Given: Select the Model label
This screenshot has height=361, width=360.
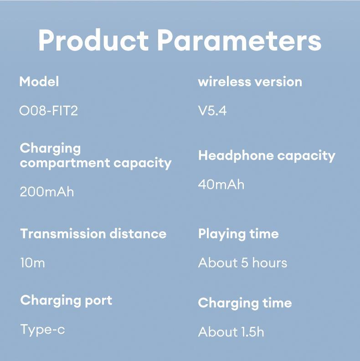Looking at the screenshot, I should click(39, 82).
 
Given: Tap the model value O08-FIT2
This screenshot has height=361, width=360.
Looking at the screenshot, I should click(49, 111).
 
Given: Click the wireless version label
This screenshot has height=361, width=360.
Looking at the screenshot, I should click(250, 82).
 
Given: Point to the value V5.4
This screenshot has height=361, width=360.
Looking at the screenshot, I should click(212, 111).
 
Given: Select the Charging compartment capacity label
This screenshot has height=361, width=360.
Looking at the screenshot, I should click(96, 155).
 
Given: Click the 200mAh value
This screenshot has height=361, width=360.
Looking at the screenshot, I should click(47, 192).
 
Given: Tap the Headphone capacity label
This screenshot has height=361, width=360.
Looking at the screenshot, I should click(267, 156).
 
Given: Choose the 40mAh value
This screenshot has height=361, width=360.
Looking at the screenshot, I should click(221, 184).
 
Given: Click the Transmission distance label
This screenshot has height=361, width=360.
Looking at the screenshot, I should click(93, 234).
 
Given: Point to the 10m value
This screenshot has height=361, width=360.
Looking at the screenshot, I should click(32, 263).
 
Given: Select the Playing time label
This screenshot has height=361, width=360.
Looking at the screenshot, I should click(238, 234).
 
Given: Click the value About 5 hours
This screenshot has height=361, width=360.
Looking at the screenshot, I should click(242, 263).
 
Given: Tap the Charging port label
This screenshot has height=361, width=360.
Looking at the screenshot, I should click(66, 300).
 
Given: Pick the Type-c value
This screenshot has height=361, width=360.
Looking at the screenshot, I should click(42, 329).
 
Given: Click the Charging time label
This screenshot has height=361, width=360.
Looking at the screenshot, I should click(245, 303).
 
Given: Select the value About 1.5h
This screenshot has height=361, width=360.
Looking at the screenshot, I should click(231, 332).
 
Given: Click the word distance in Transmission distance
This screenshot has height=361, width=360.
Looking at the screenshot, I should click(137, 234).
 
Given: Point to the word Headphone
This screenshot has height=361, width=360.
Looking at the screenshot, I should click(236, 156).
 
